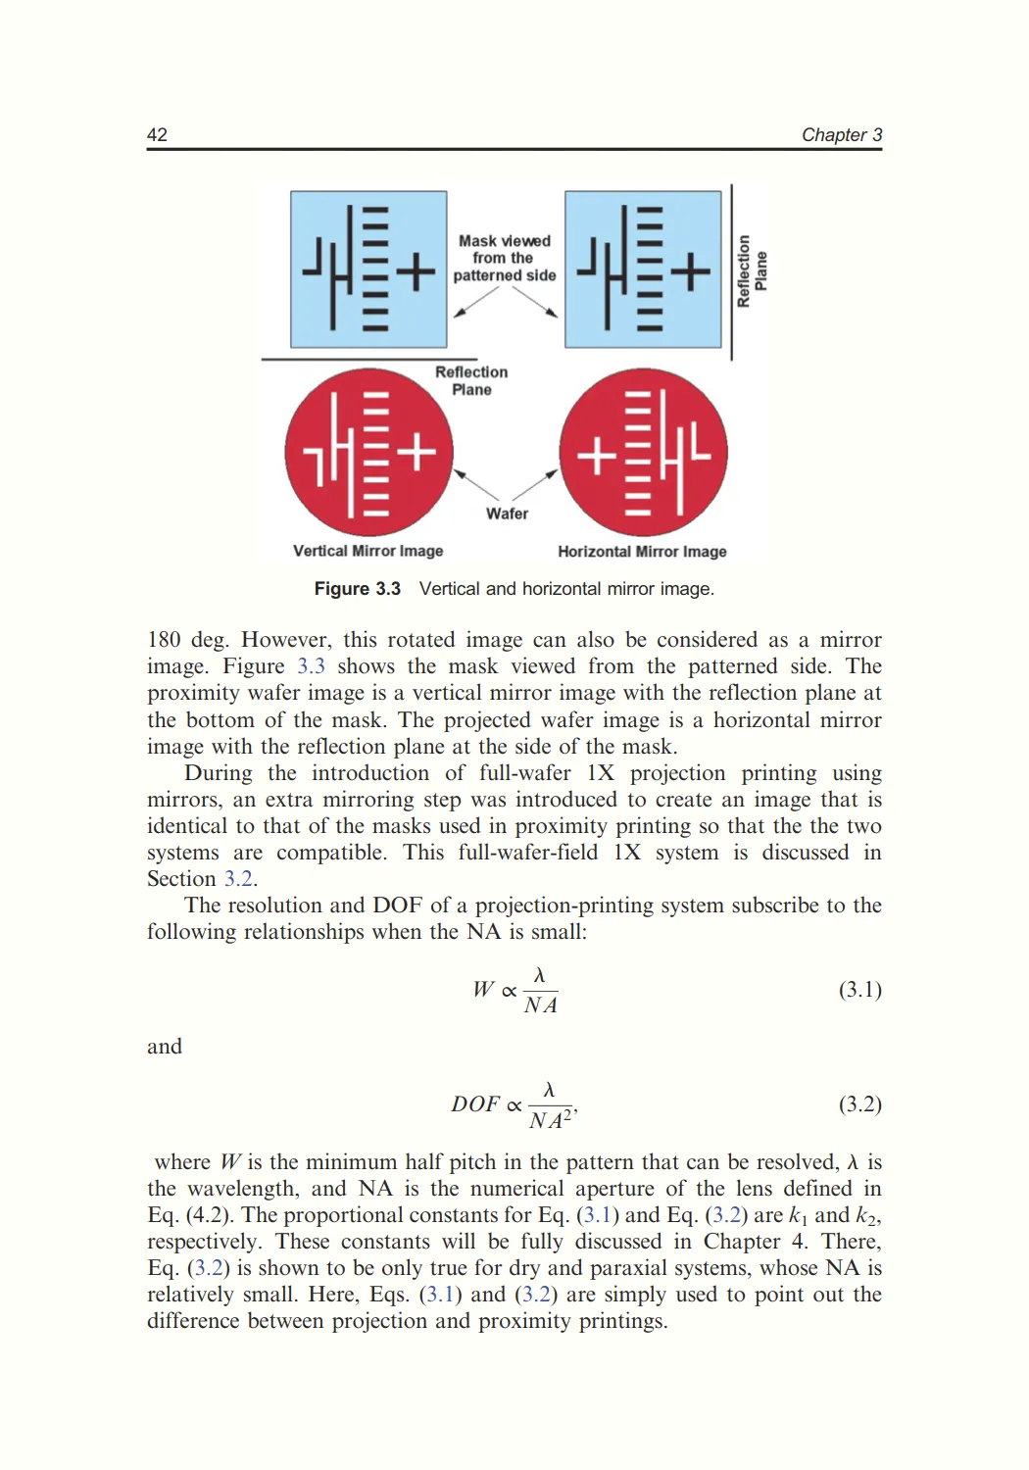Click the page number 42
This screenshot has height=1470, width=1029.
[x=157, y=135]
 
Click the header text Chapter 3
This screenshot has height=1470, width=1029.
[x=841, y=135]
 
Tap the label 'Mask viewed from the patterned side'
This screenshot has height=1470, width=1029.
[x=504, y=258]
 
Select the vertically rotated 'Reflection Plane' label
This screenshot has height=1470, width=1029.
[x=752, y=270]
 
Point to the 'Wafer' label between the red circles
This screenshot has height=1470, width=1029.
[x=507, y=514]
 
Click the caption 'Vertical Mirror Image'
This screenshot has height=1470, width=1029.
[x=367, y=551]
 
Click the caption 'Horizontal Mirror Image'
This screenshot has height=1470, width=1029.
[x=642, y=552]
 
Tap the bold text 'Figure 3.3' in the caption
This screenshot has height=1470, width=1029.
[x=357, y=589]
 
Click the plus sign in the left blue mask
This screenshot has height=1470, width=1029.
[x=416, y=271]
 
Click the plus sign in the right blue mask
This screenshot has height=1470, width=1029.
[x=691, y=270]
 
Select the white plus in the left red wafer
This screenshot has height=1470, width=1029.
[x=416, y=452]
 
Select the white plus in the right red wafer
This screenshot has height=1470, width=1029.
[x=596, y=456]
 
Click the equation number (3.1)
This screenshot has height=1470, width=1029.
[x=859, y=990]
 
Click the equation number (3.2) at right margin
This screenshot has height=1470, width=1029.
[x=859, y=1104]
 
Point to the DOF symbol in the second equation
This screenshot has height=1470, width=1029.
[x=475, y=1104]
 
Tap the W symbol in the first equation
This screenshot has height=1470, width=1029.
[x=483, y=990]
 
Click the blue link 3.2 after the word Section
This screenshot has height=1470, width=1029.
[x=239, y=879]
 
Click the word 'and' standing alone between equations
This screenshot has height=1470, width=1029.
[x=165, y=1047]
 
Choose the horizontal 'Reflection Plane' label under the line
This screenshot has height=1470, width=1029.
[x=471, y=380]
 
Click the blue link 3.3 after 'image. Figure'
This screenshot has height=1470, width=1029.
[x=311, y=666]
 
